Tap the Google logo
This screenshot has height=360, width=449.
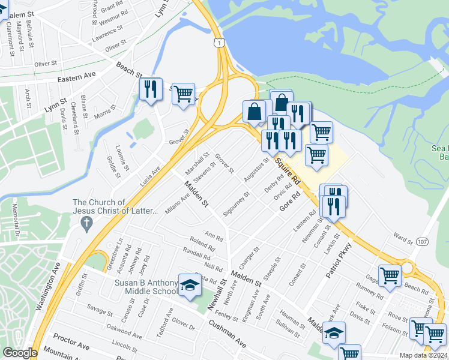tap(20, 353)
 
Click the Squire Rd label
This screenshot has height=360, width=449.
tap(288, 170)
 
